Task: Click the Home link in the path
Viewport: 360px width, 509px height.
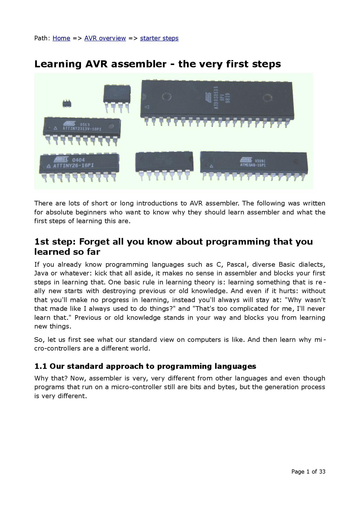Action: [x=61, y=38]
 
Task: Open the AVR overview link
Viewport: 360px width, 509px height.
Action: [x=105, y=38]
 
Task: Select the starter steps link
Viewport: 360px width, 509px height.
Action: [x=159, y=38]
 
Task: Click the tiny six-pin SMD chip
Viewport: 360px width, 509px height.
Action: [x=67, y=103]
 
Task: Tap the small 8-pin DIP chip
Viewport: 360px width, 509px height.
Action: [x=117, y=94]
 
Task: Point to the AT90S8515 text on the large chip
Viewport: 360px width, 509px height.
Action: [x=216, y=98]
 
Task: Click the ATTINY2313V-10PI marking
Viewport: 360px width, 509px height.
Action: [x=82, y=129]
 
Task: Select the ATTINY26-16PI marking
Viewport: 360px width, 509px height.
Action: [x=73, y=166]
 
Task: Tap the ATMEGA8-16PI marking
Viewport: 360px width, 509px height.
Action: [x=253, y=165]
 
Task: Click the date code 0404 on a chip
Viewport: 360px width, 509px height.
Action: [x=78, y=160]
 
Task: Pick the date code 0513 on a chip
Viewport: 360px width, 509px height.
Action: [x=85, y=125]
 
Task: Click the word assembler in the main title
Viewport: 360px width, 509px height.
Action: [x=139, y=64]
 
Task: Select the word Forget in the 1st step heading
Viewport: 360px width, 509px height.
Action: [x=94, y=242]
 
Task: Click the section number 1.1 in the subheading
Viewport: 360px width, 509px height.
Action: [x=40, y=366]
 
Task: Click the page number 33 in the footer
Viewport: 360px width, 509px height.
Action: [x=322, y=472]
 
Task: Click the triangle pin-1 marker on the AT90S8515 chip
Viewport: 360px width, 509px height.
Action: [x=147, y=107]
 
